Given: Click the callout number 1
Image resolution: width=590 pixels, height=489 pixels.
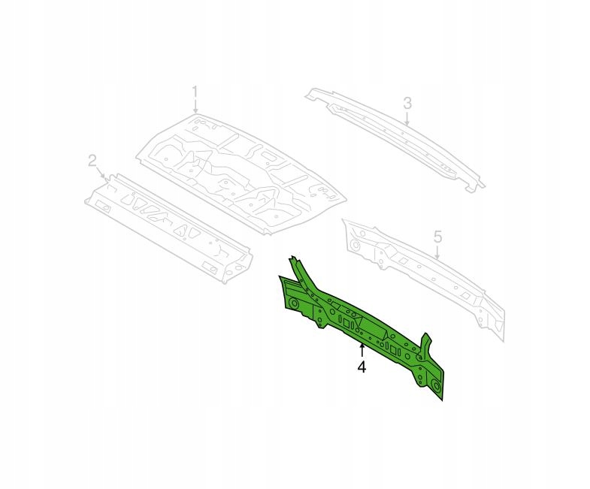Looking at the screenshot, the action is [x=195, y=92].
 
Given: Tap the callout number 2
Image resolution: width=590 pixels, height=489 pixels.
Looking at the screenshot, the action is [x=92, y=161].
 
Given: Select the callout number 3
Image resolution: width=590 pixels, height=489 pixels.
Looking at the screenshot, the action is [x=407, y=103].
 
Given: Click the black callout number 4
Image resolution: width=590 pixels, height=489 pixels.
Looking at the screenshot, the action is [x=362, y=367].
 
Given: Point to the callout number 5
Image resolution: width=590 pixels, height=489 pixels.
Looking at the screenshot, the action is [x=437, y=237].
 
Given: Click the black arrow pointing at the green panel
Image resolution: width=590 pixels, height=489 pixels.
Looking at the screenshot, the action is [x=362, y=350].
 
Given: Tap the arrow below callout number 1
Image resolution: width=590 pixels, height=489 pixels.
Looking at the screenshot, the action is [x=195, y=107].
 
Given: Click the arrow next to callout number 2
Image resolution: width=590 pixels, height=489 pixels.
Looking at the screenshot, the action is [x=102, y=174].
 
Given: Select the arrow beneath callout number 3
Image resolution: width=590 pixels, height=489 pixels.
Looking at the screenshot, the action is [x=407, y=118].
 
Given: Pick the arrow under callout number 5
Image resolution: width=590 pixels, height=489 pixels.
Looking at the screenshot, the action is [x=437, y=252].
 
